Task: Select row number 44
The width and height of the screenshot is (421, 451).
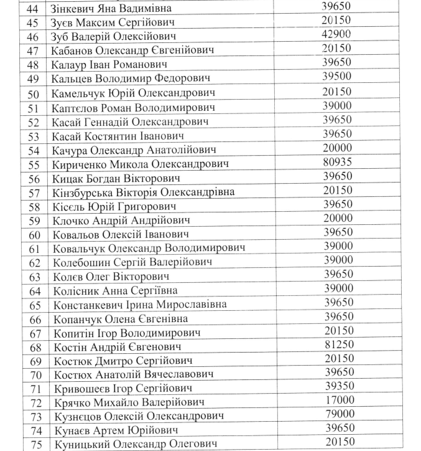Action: coord(34,9)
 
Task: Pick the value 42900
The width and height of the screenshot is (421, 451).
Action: coord(337,34)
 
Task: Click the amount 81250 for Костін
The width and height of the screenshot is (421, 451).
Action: coord(337,344)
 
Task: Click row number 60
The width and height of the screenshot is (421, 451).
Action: coord(34,235)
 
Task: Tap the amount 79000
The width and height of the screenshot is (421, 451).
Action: coord(337,414)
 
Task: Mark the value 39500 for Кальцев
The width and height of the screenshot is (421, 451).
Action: coord(337,77)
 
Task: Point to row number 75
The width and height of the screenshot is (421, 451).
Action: coord(34,444)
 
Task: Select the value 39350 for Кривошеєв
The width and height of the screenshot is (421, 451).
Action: coord(337,386)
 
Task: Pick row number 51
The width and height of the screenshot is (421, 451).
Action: coord(34,108)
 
